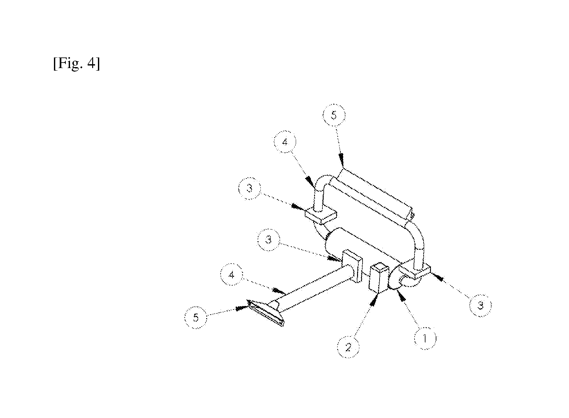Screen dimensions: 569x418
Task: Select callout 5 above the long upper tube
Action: pos(334,115)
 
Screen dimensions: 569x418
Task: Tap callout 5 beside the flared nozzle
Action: pos(196,318)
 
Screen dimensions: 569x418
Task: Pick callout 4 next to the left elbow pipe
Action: pos(285,142)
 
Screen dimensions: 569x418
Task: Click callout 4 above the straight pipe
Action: pos(232,275)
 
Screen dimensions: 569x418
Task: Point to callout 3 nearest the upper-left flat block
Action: pos(250,188)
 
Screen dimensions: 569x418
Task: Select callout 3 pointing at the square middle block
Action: pos(269,239)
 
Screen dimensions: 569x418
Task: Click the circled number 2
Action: pos(348,347)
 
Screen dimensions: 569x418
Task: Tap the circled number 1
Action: pos(425,338)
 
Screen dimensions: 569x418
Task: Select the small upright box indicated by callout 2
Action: pos(379,278)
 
